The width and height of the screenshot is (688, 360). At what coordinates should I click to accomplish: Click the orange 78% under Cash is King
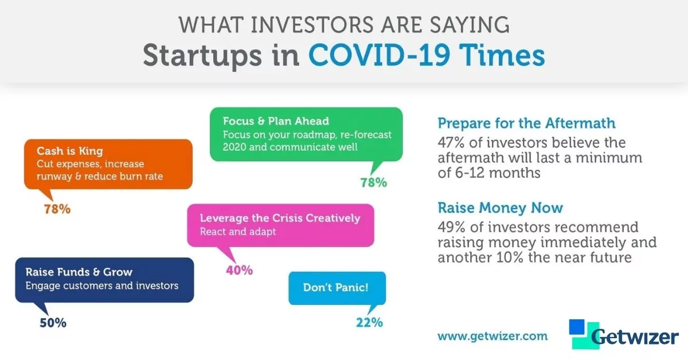click(x=57, y=209)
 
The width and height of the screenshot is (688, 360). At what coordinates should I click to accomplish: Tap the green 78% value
click(x=373, y=183)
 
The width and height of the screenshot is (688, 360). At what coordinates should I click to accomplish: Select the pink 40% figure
click(x=239, y=271)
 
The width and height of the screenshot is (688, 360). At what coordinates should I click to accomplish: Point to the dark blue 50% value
click(x=53, y=323)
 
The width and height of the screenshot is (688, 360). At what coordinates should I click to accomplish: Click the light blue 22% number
click(x=369, y=323)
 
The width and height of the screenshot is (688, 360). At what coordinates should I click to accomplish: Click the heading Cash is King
click(x=70, y=151)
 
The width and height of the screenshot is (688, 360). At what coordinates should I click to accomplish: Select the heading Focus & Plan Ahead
click(x=276, y=121)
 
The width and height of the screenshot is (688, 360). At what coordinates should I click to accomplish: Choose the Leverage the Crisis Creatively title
click(x=280, y=218)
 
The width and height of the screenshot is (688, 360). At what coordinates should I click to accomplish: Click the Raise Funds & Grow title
click(x=79, y=272)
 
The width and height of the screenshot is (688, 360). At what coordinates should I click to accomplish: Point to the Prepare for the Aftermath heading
click(x=526, y=123)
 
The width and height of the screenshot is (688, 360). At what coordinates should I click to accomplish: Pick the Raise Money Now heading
click(x=500, y=208)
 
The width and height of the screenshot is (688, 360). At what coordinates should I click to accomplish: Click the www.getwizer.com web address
click(x=492, y=336)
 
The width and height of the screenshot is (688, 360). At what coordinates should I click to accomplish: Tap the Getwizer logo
click(x=624, y=334)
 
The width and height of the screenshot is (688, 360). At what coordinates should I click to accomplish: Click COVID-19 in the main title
click(x=380, y=55)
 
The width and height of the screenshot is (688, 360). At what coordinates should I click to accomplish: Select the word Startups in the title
click(x=202, y=57)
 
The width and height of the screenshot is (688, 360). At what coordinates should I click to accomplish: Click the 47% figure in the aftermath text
click(x=451, y=143)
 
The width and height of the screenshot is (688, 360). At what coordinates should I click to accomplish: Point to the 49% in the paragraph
click(x=451, y=228)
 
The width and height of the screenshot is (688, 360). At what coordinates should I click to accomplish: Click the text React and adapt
click(x=238, y=232)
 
